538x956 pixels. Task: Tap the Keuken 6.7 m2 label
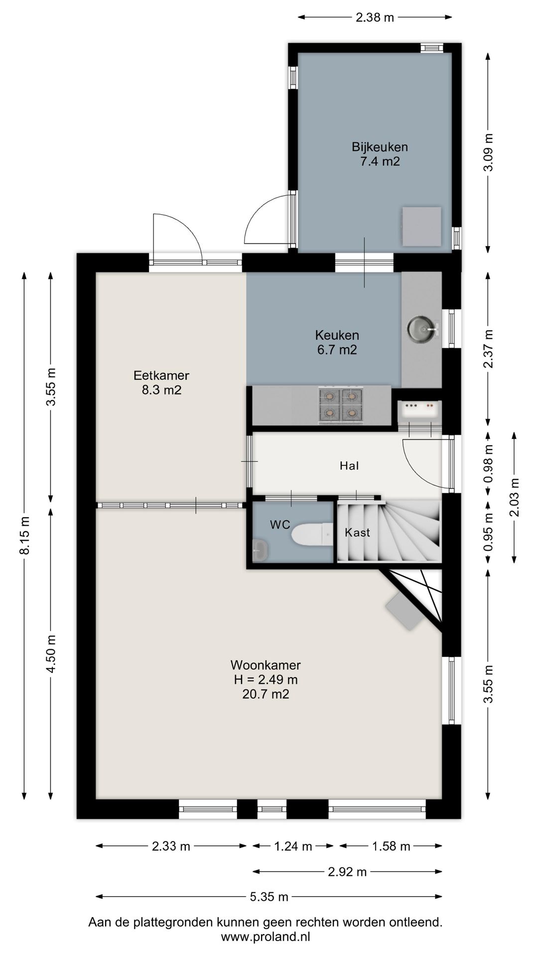pyautogui.click(x=337, y=342)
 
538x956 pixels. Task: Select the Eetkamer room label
pyautogui.click(x=161, y=382)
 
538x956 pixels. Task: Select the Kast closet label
pyautogui.click(x=357, y=532)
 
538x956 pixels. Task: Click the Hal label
pyautogui.click(x=349, y=466)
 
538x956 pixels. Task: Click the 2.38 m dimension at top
pyautogui.click(x=375, y=18)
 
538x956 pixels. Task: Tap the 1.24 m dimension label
pyautogui.click(x=293, y=846)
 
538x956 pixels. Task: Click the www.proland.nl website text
pyautogui.click(x=265, y=937)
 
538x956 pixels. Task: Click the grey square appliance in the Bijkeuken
pyautogui.click(x=421, y=227)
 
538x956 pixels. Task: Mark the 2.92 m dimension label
pyautogui.click(x=347, y=872)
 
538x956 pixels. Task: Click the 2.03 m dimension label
pyautogui.click(x=515, y=497)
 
